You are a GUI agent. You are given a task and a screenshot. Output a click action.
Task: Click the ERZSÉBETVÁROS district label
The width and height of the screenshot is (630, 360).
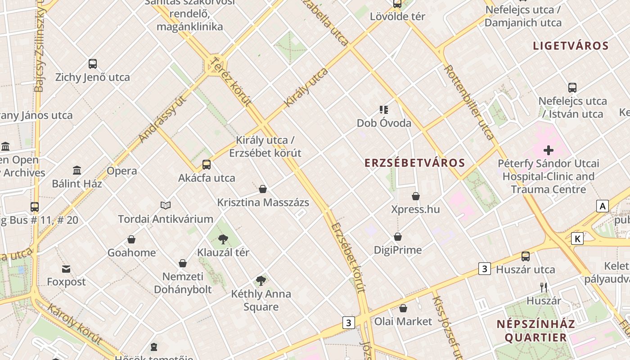tap(414, 163)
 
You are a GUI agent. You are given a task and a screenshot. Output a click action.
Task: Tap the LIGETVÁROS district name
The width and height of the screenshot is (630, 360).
tap(571, 46)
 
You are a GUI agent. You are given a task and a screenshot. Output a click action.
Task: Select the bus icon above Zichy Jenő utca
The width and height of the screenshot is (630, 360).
tap(93, 64)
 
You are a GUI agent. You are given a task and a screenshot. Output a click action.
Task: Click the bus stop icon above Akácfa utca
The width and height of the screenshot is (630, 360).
tap(207, 165)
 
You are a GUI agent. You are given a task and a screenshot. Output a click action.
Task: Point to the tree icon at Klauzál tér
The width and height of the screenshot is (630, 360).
tap(223, 239)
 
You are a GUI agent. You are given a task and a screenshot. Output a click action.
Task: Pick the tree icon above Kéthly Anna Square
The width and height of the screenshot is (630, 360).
tap(261, 281)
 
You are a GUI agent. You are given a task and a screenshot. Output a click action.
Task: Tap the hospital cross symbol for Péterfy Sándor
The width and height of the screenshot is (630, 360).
tap(549, 150)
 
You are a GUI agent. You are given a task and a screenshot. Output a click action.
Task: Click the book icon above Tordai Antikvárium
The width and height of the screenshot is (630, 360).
tap(166, 206)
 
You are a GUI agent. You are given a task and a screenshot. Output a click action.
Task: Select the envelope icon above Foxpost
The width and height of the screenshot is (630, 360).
tap(66, 269)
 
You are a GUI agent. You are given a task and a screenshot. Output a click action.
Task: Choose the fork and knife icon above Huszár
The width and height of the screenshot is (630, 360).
tap(544, 287)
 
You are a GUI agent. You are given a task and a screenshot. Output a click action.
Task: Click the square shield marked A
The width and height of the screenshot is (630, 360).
tap(602, 206)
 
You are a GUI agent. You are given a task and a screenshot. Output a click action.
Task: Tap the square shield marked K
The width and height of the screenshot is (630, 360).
tap(577, 238)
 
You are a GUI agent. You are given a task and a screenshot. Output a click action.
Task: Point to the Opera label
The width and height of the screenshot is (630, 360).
tap(121, 171)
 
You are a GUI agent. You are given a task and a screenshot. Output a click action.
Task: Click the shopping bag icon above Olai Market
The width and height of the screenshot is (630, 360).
tap(403, 308)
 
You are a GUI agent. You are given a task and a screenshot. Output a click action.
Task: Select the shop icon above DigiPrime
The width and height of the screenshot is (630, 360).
tap(398, 237)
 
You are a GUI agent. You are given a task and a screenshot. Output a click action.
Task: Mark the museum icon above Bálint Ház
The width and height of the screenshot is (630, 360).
tap(77, 171)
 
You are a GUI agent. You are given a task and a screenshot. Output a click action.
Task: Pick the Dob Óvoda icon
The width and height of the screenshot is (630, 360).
tap(383, 109)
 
